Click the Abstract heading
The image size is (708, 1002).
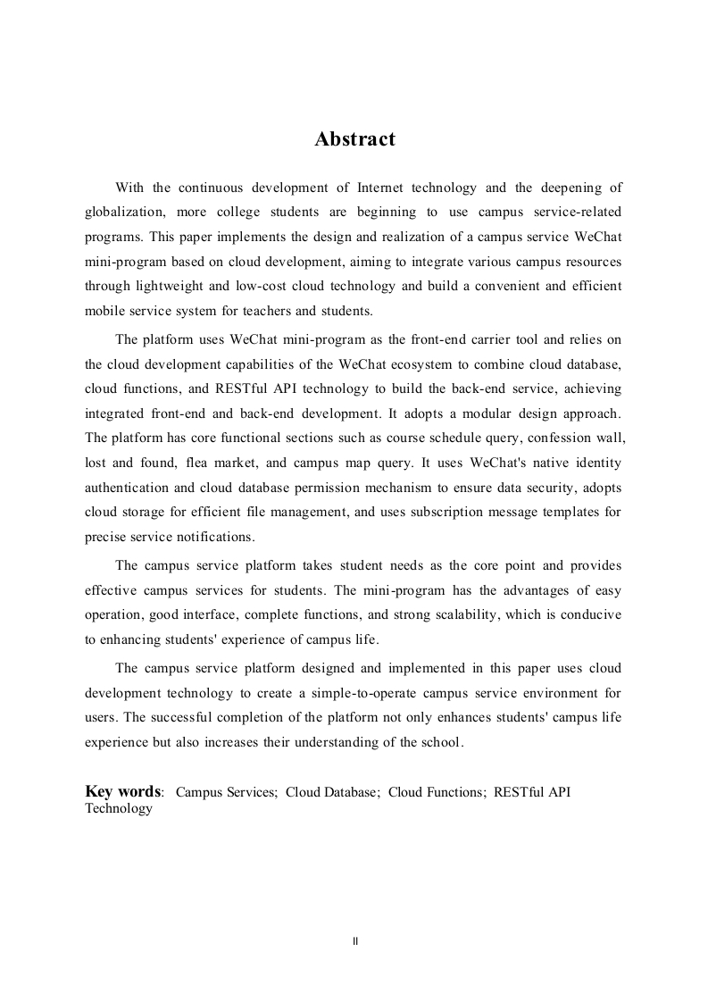[354, 139]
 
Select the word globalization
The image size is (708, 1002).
[123, 213]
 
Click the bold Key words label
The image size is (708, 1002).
[124, 791]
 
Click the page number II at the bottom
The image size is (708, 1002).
[355, 941]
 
